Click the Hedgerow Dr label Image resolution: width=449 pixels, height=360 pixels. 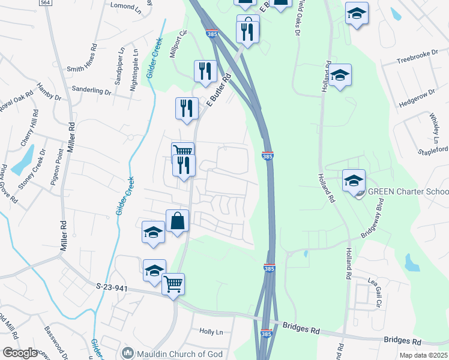coord(416,95)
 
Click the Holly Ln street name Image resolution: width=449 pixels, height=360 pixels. coord(211,331)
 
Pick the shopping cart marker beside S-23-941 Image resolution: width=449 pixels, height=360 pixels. coord(173,283)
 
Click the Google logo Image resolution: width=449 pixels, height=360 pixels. coord(20,353)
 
